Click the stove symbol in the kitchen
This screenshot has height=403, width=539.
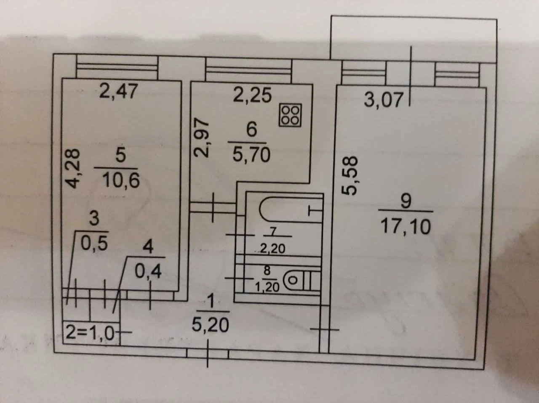(x=290, y=115)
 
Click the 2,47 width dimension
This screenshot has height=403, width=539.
(x=118, y=91)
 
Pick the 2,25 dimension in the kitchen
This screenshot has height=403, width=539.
(x=252, y=95)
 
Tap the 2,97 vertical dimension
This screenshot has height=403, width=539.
(x=201, y=138)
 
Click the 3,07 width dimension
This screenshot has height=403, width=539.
(x=384, y=100)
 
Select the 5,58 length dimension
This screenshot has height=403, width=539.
(x=349, y=175)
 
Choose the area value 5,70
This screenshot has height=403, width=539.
(x=251, y=155)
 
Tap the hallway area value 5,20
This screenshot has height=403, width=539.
(x=211, y=325)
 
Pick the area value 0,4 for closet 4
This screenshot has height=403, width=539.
(x=148, y=271)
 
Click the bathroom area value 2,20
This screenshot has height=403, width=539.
(x=272, y=249)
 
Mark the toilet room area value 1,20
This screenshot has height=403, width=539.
(x=267, y=287)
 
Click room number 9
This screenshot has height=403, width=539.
(x=406, y=201)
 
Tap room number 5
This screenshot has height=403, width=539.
(x=120, y=155)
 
